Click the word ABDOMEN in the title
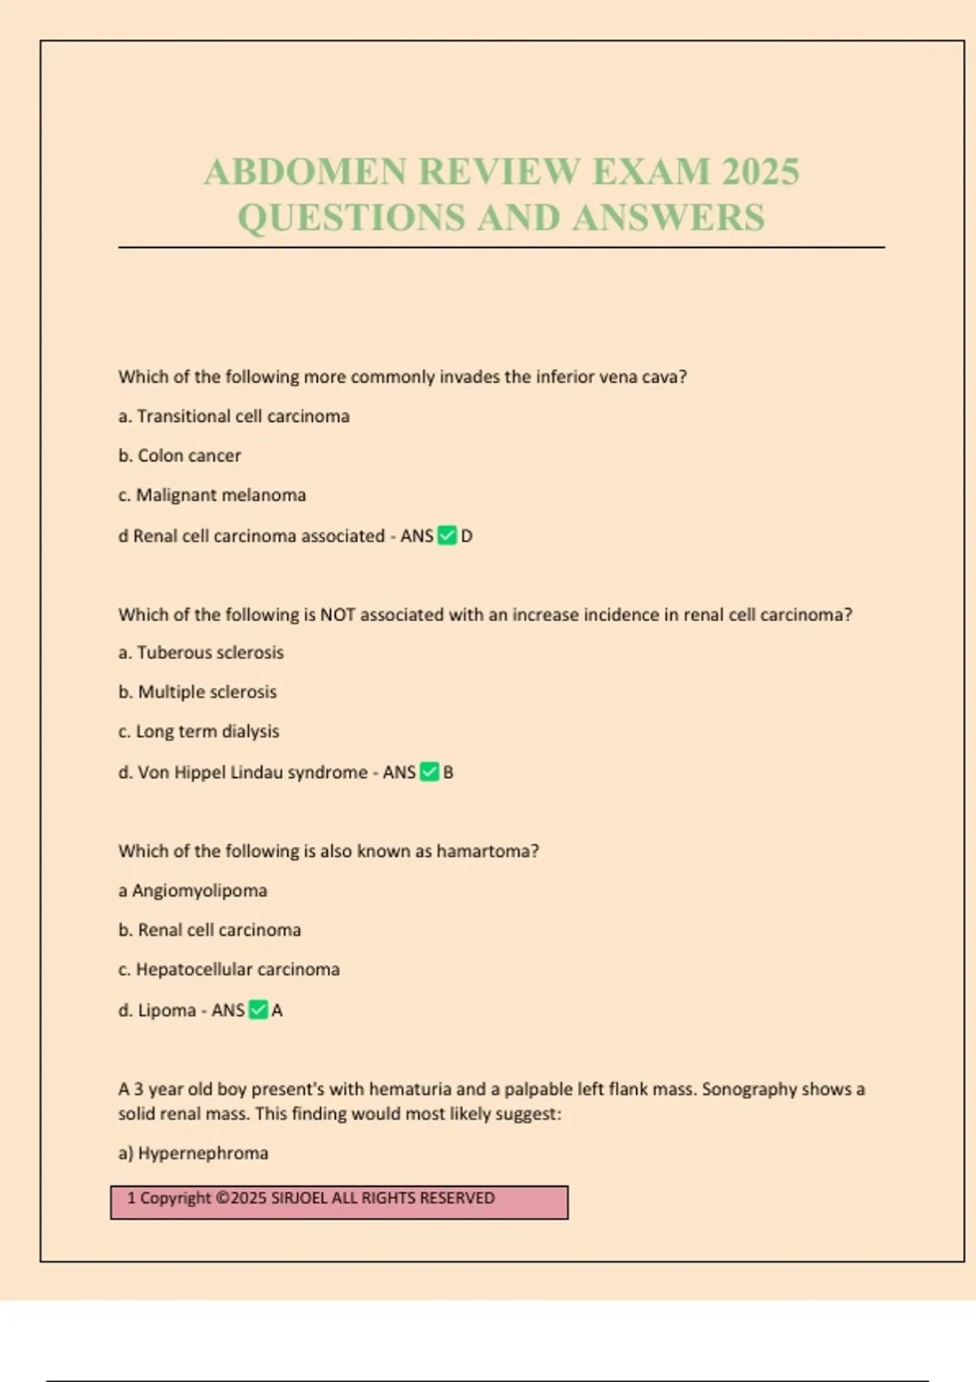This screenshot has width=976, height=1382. [x=305, y=172]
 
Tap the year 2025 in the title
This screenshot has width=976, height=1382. [x=760, y=172]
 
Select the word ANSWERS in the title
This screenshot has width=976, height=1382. [x=668, y=218]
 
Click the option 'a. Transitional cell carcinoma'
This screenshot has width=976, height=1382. [x=234, y=416]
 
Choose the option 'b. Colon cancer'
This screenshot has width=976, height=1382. [x=180, y=456]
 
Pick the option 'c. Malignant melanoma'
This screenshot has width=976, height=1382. [x=212, y=495]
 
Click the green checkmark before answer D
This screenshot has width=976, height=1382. [x=447, y=536]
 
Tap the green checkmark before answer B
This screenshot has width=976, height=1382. [x=429, y=772]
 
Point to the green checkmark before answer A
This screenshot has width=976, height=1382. [x=258, y=1010]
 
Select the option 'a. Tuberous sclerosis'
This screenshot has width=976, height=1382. [x=201, y=653]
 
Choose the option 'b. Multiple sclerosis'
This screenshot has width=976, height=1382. [x=198, y=693]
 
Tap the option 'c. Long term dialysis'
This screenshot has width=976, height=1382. [x=198, y=732]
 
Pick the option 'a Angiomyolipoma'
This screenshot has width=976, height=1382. [x=193, y=891]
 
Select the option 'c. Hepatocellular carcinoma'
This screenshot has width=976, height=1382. [x=229, y=970]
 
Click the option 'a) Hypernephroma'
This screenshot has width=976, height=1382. [x=194, y=1154]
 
